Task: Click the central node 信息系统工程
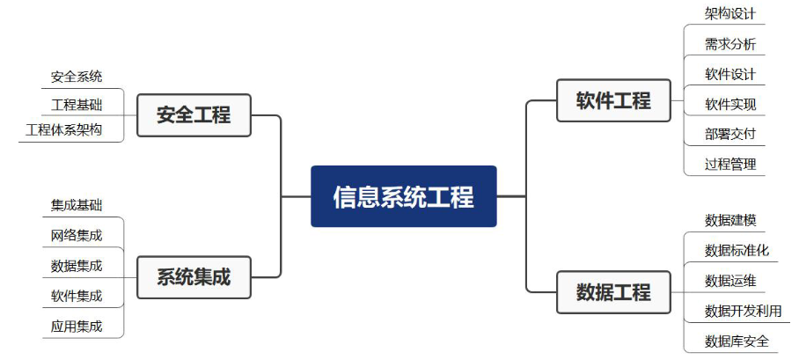tap(404, 196)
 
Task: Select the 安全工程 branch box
tap(194, 114)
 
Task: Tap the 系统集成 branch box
tap(194, 276)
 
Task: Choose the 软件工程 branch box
tap(613, 100)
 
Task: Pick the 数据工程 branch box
tap(613, 292)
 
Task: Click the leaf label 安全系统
tap(77, 77)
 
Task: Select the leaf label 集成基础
tap(77, 205)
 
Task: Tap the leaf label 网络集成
tap(77, 235)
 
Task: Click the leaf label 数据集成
tap(77, 265)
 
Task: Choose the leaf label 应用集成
tap(77, 326)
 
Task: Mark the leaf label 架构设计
tap(730, 14)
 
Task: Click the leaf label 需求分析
tap(730, 44)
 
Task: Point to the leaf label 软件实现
tap(730, 104)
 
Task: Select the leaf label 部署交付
tap(730, 134)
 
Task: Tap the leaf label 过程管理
tap(730, 164)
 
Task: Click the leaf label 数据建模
tap(730, 220)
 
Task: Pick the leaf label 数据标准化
tap(737, 250)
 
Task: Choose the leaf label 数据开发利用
tap(743, 311)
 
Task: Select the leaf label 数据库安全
tap(737, 341)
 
